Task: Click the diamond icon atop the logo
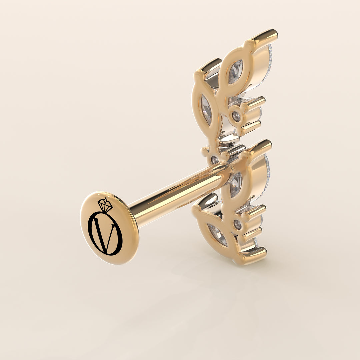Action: (105, 205)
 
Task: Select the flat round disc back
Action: (109, 228)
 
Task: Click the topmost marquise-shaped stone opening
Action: (235, 72)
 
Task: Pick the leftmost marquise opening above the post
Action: (206, 110)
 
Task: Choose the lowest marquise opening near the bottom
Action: (217, 235)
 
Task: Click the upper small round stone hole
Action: (236, 116)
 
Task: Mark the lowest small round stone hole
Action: (237, 225)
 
